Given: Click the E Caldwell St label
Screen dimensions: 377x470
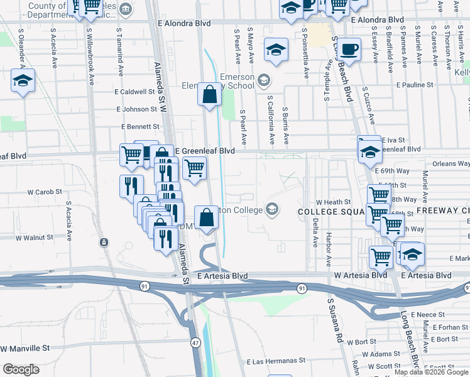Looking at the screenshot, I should [134, 91].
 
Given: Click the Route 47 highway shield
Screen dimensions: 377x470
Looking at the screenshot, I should [196, 342].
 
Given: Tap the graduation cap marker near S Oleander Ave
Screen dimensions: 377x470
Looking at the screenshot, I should [23, 81].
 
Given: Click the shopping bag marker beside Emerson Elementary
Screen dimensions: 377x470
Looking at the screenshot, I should [210, 95].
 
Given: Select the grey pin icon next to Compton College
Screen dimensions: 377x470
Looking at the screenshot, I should [271, 209].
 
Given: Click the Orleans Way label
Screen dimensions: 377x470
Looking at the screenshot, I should [451, 163].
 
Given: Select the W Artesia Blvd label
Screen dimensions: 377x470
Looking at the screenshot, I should [360, 275].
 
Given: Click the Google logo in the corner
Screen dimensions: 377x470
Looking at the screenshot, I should [21, 369].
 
